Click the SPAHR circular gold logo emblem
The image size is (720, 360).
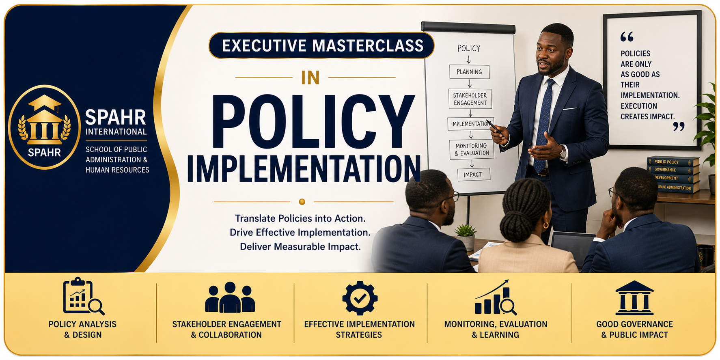coord(44,127)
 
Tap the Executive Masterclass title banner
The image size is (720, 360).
coord(321,45)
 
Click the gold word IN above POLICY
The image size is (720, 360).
coord(310,78)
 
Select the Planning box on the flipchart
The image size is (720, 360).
coord(469,72)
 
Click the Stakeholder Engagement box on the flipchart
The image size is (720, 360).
coord(470,99)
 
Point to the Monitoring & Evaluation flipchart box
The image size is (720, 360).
coord(471,149)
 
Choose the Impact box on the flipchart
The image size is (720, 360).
coord(473,175)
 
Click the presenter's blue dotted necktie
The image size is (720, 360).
coord(543,126)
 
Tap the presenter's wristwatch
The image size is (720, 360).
coord(563,153)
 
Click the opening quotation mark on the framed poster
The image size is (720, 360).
coord(627,37)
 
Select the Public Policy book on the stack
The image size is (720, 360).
coord(673,162)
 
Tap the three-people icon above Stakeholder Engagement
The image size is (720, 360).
coord(230,297)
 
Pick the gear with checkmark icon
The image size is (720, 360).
coord(360,298)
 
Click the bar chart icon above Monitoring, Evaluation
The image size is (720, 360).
coord(495,297)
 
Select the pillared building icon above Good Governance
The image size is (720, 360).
coord(634,298)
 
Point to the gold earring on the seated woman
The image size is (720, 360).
coord(545,225)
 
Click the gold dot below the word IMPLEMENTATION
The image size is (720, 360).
coord(302,202)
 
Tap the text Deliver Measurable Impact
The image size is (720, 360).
coord(300,247)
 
